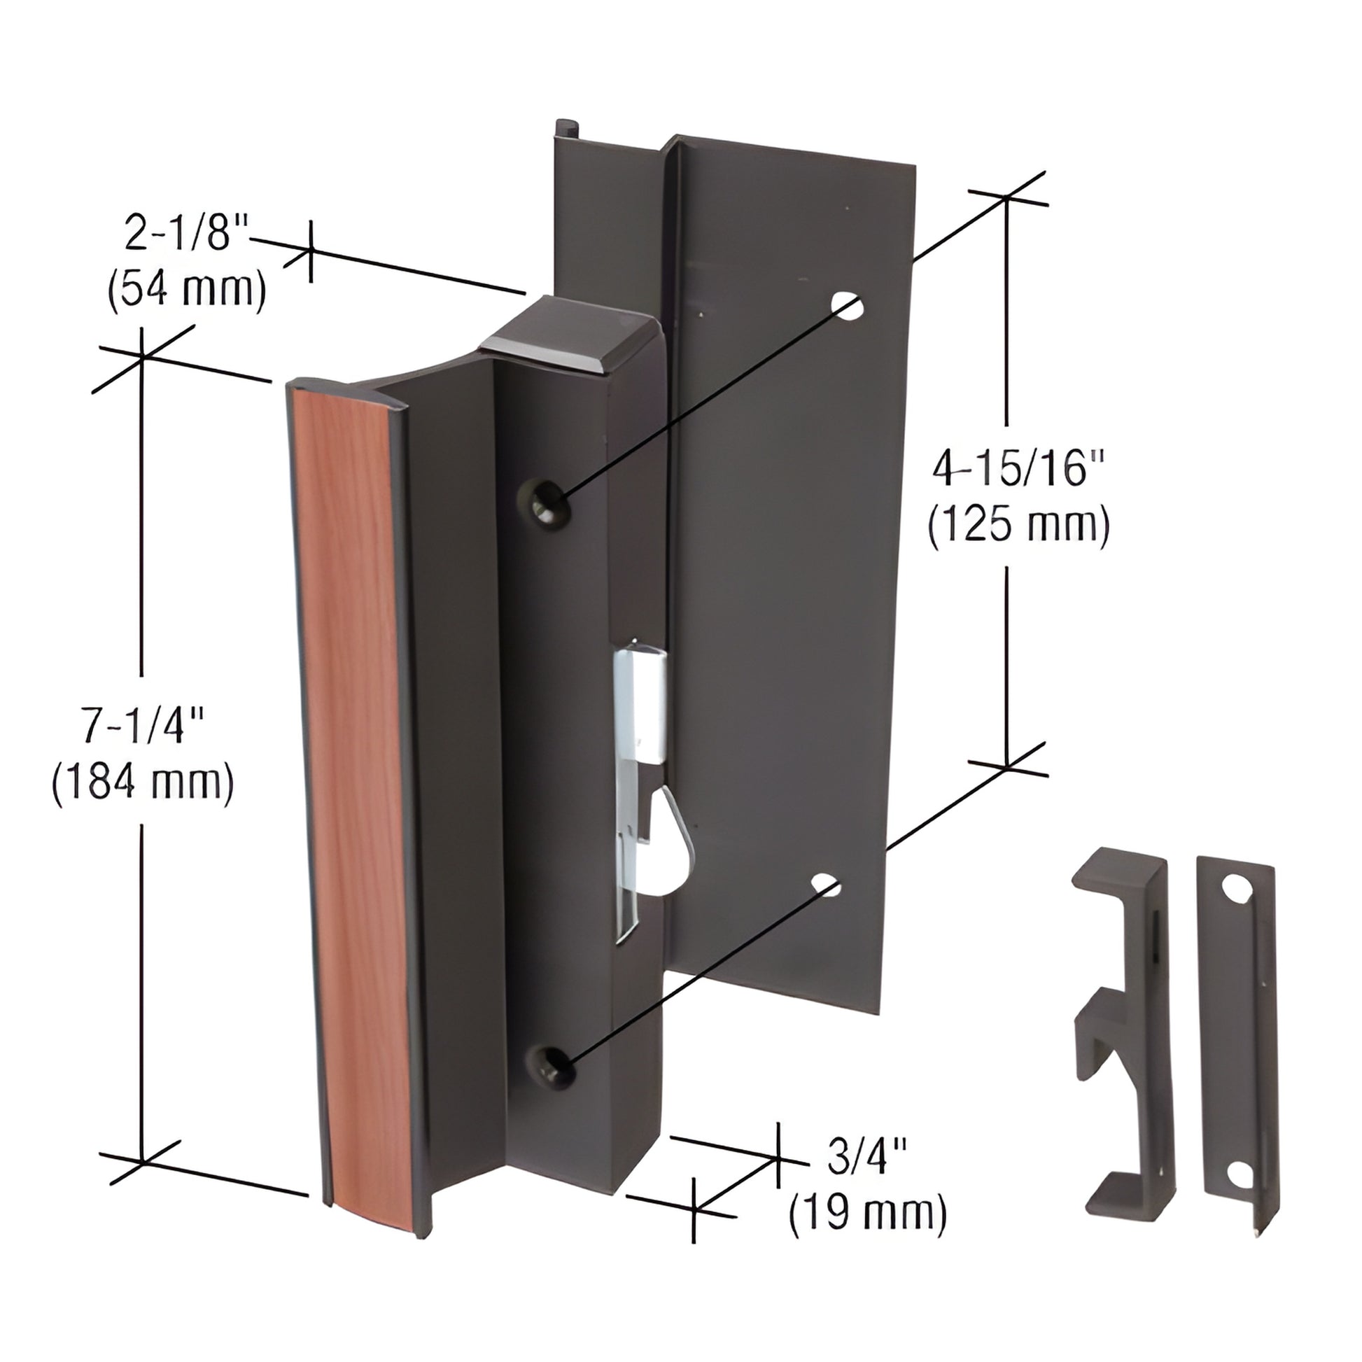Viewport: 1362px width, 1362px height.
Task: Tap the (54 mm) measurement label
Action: click(x=187, y=289)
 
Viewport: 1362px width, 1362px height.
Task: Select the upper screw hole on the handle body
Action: click(x=544, y=501)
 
